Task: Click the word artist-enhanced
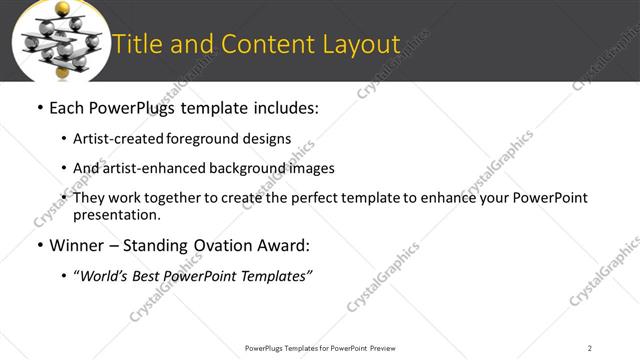pos(149,168)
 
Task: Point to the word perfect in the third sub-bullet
pos(316,198)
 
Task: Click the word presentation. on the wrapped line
pos(116,214)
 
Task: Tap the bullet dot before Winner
pos(39,246)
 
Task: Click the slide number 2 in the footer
pos(590,348)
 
